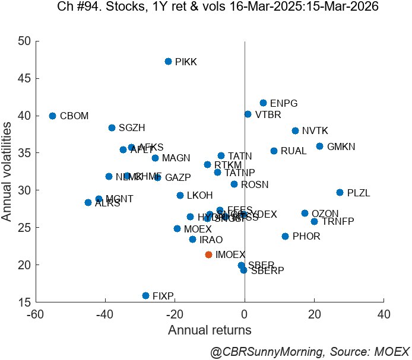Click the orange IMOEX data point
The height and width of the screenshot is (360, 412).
click(x=208, y=254)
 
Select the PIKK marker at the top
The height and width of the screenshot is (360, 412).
click(x=168, y=61)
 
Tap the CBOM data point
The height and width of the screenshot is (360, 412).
click(x=52, y=116)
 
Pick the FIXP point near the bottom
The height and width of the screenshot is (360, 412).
click(x=145, y=295)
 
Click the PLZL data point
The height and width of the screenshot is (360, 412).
click(x=340, y=192)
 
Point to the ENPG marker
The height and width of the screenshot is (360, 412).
click(x=263, y=103)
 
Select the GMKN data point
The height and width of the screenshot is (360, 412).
click(x=319, y=146)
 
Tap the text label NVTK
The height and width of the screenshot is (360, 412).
click(x=314, y=131)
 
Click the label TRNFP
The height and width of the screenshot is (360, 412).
click(x=337, y=222)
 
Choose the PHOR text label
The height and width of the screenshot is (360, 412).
click(x=306, y=237)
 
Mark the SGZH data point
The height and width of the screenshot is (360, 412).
click(x=112, y=128)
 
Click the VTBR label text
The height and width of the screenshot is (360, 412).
click(x=268, y=115)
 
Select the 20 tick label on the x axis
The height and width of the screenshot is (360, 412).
click(x=314, y=313)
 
